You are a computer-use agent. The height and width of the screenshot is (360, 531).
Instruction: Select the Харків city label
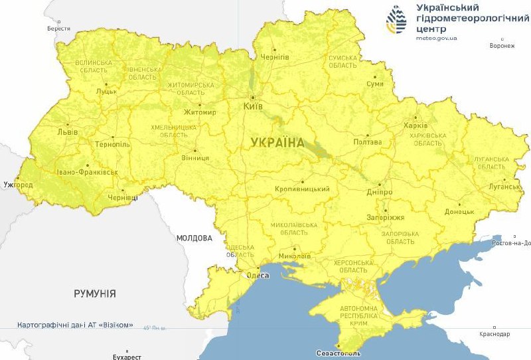tap(416, 126)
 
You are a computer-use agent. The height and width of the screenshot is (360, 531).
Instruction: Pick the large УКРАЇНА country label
tap(278, 142)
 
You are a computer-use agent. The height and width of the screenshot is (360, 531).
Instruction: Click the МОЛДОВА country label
tap(194, 238)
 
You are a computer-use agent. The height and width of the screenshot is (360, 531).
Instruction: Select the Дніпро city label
tap(380, 192)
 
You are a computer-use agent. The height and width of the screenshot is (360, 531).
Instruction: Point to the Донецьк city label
tap(459, 212)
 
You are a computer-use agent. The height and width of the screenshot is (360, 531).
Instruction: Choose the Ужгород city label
tap(18, 184)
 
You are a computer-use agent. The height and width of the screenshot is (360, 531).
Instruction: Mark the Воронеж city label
tap(502, 46)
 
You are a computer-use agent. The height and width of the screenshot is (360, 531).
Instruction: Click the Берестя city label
tap(58, 29)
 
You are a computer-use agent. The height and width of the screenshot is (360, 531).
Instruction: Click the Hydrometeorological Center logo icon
tap(398, 22)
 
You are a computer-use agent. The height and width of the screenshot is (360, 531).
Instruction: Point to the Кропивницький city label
tap(303, 189)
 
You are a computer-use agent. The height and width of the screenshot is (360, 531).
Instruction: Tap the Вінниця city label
tap(196, 158)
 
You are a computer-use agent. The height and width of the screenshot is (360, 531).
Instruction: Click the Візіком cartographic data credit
tap(75, 325)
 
